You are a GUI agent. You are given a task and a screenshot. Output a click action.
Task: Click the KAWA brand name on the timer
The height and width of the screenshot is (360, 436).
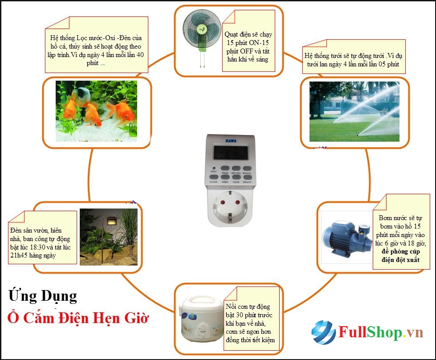[x=231, y=141]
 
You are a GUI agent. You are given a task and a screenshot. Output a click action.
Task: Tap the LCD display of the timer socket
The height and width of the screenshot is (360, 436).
[x=231, y=153]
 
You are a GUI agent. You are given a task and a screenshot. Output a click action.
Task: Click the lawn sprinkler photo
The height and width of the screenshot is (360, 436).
[x=354, y=111]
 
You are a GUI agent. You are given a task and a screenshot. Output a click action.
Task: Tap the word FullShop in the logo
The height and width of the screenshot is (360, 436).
[x=370, y=332]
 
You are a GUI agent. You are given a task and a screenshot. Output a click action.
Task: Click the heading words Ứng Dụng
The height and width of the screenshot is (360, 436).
[x=43, y=296]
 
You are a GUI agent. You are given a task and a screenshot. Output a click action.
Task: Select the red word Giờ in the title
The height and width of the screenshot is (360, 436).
[x=136, y=318]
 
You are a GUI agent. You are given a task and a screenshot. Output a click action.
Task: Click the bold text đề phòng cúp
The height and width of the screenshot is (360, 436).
[x=400, y=251]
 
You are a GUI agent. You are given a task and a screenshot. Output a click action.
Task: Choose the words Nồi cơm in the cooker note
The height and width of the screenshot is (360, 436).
[x=236, y=307]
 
